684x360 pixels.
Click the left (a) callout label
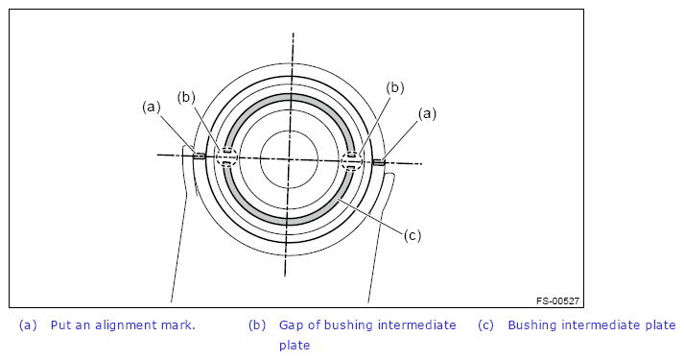[x=152, y=107]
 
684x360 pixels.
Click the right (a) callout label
[x=427, y=114]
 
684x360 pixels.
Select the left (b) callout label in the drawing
[x=186, y=97]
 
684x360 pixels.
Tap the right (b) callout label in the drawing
[x=395, y=87]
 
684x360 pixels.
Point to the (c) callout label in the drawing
[x=413, y=235]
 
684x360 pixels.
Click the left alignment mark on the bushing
[x=199, y=156]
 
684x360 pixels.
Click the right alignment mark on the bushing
[x=379, y=162]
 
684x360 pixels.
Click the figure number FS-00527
[x=558, y=300]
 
